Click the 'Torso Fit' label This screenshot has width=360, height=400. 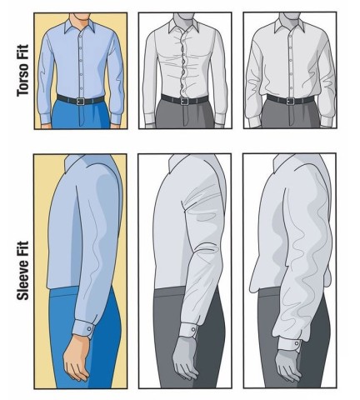(x=22, y=71)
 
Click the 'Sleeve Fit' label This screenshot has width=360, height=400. (x=22, y=271)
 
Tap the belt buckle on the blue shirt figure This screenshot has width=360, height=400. (x=81, y=102)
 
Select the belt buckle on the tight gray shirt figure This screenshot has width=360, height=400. (x=184, y=102)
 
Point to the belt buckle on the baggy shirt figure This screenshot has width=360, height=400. (x=290, y=101)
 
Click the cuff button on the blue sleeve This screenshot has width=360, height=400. (x=89, y=329)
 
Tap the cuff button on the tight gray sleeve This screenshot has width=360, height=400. (x=193, y=330)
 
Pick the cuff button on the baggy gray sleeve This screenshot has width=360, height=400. (x=297, y=343)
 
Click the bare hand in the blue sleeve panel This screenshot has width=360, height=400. (x=76, y=357)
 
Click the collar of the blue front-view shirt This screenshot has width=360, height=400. (x=80, y=27)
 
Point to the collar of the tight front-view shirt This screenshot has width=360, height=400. (x=183, y=27)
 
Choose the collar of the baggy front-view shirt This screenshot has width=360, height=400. (x=289, y=27)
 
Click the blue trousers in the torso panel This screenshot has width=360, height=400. (x=81, y=115)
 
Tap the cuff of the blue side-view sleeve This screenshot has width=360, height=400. (x=82, y=328)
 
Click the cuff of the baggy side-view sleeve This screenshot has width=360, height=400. (x=290, y=343)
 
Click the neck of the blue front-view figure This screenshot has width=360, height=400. (x=80, y=19)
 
